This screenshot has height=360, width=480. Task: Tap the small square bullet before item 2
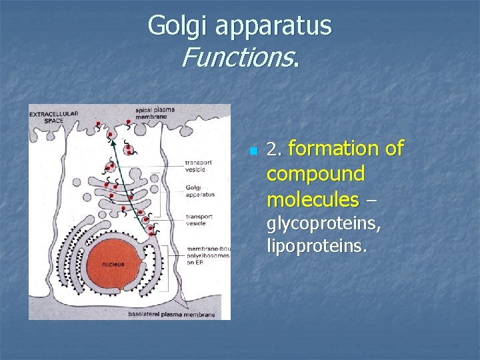click(252, 151)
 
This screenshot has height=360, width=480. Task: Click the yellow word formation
click(346, 149)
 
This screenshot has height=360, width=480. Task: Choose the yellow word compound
click(315, 174)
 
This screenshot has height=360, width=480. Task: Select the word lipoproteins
click(316, 246)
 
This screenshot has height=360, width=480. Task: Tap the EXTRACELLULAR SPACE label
click(53, 117)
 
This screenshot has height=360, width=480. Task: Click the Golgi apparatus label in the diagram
click(200, 191)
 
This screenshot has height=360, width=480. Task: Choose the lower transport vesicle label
click(199, 220)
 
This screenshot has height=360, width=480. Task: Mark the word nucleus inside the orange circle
click(113, 265)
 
